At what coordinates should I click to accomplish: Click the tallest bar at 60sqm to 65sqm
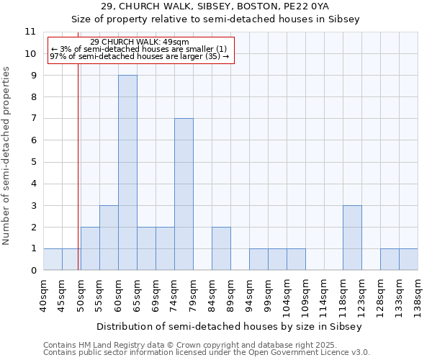coord(127,173)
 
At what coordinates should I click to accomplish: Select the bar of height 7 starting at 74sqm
coord(184,194)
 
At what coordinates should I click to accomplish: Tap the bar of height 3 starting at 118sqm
coord(352,238)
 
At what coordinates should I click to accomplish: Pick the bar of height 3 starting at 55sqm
coord(109,238)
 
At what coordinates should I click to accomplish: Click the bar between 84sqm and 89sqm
coord(221,248)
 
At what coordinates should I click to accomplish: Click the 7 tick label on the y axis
coord(32,119)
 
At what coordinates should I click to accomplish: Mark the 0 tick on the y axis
coord(32,271)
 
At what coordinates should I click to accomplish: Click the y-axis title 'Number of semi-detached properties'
coord(6,156)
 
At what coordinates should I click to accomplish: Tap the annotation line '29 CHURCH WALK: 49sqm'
coord(140,42)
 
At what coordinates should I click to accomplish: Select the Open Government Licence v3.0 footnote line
coord(207,353)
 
